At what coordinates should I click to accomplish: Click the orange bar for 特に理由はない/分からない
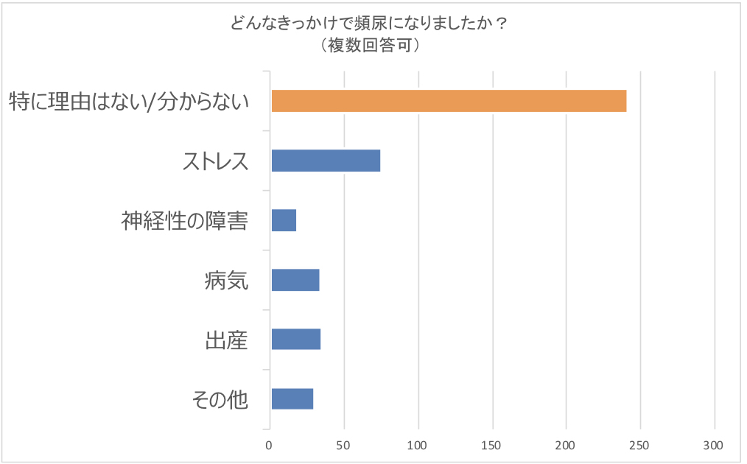click(x=449, y=101)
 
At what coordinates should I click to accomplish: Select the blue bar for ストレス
click(x=326, y=161)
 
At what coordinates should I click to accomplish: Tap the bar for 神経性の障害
click(x=284, y=220)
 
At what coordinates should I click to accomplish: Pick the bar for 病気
click(x=295, y=280)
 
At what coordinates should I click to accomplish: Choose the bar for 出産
click(x=295, y=339)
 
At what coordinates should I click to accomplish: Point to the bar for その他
click(x=292, y=398)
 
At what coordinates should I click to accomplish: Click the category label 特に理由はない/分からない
click(x=128, y=102)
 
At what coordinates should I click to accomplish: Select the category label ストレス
click(x=215, y=161)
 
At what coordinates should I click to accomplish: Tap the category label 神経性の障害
click(x=184, y=220)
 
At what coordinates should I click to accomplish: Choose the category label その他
click(x=220, y=399)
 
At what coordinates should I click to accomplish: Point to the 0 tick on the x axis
click(x=270, y=445)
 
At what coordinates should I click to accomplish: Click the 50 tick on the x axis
click(x=344, y=445)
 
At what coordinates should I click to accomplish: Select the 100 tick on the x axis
click(x=418, y=445)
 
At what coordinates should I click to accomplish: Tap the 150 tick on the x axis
click(x=492, y=445)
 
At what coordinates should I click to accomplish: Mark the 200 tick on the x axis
click(x=567, y=445)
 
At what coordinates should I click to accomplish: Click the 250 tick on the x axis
click(x=640, y=445)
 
